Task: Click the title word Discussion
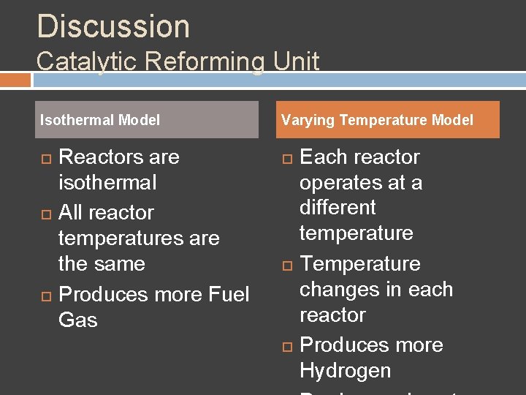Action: pyautogui.click(x=113, y=26)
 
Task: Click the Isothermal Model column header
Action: pyautogui.click(x=100, y=120)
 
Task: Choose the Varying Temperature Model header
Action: pyautogui.click(x=378, y=120)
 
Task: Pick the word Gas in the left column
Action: pyautogui.click(x=77, y=320)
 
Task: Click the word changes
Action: pyautogui.click(x=343, y=290)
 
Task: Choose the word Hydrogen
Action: pyautogui.click(x=345, y=370)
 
